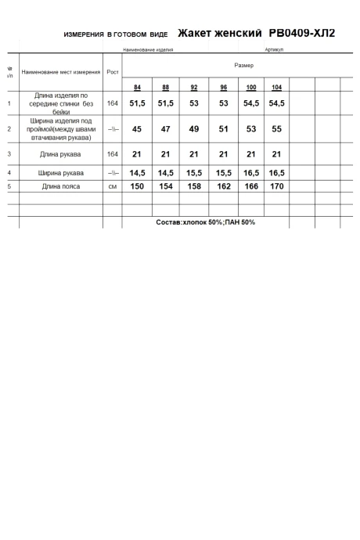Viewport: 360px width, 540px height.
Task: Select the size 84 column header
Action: point(138,87)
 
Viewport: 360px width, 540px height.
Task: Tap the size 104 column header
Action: point(276,87)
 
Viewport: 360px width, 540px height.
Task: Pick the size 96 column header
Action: point(224,87)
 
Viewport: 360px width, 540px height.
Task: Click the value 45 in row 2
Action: point(138,129)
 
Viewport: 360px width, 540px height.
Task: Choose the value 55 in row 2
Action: point(276,129)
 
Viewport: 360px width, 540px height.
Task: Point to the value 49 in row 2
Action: point(194,129)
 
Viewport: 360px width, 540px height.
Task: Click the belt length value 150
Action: point(138,187)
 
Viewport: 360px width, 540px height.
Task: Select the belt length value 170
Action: point(276,187)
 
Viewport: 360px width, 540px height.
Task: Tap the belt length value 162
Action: point(224,187)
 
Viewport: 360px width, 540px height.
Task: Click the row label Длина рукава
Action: point(61,154)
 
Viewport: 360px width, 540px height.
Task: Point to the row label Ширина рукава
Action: point(61,173)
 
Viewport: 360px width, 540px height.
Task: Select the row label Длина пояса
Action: point(61,187)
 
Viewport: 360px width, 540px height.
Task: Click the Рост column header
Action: point(113,72)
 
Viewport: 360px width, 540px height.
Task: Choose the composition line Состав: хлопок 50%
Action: point(206,222)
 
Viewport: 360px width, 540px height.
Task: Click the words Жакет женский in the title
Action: point(219,34)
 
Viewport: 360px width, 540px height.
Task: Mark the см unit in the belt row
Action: point(113,187)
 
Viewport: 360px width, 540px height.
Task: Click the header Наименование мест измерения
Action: point(61,72)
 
